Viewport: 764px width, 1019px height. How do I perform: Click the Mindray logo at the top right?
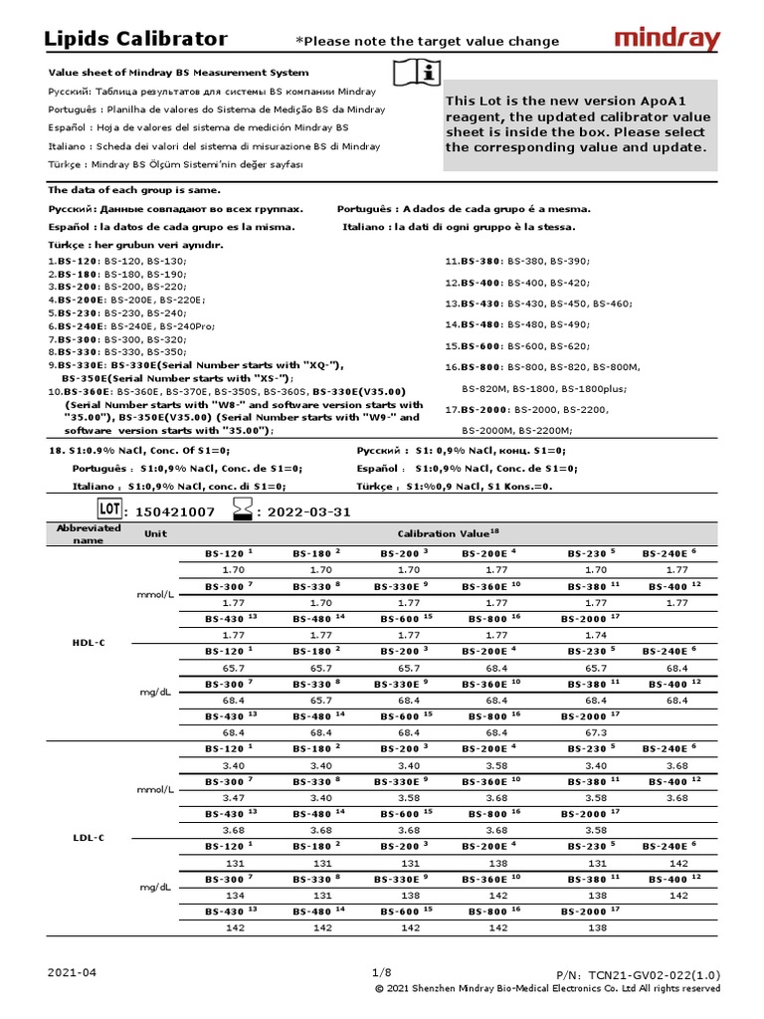point(667,40)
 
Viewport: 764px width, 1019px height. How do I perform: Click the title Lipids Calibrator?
point(136,40)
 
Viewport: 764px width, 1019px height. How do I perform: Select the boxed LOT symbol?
point(109,510)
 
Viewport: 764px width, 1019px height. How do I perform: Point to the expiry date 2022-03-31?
point(303,511)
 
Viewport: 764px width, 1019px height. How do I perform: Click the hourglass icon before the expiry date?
point(242,510)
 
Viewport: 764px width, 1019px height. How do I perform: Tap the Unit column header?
point(156,533)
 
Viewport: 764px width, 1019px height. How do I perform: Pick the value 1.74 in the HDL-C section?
point(596,634)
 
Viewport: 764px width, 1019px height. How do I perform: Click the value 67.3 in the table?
point(596,731)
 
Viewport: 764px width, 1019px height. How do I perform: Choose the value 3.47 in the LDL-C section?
point(234,797)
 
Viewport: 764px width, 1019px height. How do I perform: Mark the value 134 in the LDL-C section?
point(234,895)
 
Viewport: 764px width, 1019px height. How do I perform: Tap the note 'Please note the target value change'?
point(428,41)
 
